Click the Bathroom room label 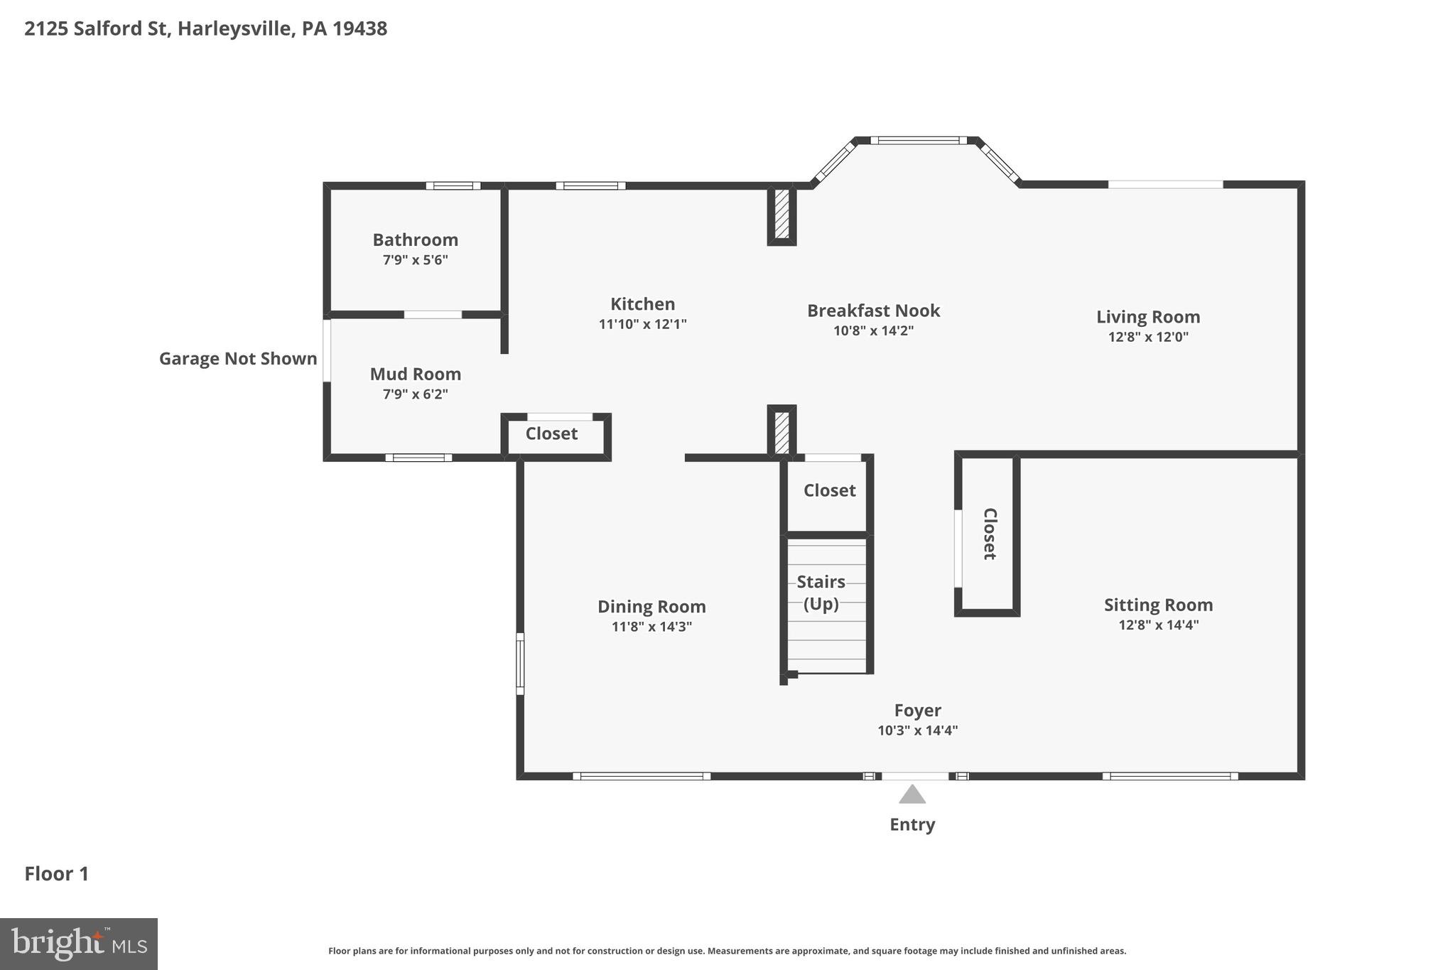click(x=415, y=239)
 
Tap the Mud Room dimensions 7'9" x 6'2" click(x=415, y=394)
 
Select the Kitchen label click(x=642, y=304)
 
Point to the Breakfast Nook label click(x=873, y=311)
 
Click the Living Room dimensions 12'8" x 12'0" click(x=1148, y=337)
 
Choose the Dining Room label click(x=651, y=606)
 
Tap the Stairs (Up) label click(x=821, y=592)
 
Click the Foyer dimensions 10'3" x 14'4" click(x=917, y=730)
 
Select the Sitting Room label click(x=1158, y=605)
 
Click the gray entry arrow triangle click(x=912, y=795)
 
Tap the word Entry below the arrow click(x=912, y=824)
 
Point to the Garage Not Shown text click(x=238, y=359)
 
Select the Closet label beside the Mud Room click(x=551, y=433)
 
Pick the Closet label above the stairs click(x=829, y=490)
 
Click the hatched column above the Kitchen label click(x=781, y=215)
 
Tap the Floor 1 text click(x=57, y=873)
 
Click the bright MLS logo click(x=78, y=944)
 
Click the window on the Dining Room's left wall click(x=520, y=664)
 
